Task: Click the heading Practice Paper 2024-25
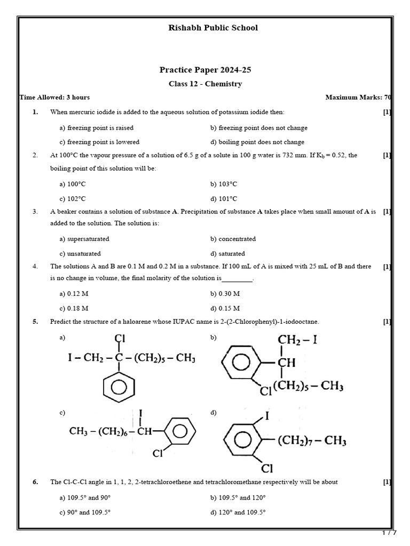tap(205, 70)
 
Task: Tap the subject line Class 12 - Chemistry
tap(205, 84)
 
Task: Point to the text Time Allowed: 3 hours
tap(54, 98)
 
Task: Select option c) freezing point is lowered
tap(99, 142)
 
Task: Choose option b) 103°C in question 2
tap(224, 184)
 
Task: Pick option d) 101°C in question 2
tap(224, 198)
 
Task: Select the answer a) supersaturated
tap(84, 239)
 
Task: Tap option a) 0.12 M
tap(74, 294)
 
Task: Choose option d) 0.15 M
tap(225, 308)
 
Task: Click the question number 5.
tap(35, 322)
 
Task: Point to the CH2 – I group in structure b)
tap(297, 340)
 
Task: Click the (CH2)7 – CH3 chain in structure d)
tap(312, 441)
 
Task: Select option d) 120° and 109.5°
tap(238, 512)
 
